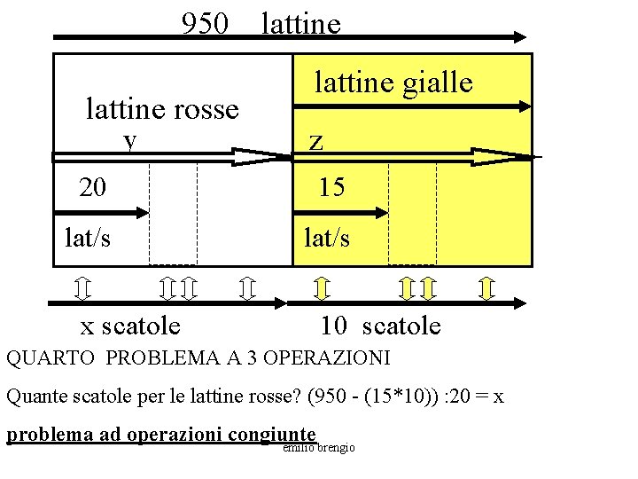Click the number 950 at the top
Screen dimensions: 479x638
[205, 23]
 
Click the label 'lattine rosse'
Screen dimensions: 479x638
[162, 109]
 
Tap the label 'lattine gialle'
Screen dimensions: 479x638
[393, 82]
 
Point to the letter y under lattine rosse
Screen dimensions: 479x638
[131, 140]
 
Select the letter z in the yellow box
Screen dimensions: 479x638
[315, 141]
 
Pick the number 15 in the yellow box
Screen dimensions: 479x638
[332, 187]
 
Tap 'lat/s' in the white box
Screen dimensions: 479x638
[89, 238]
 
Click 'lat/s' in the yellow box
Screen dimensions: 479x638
[326, 238]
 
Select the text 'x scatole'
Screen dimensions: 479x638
[130, 326]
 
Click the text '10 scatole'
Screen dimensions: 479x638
[380, 326]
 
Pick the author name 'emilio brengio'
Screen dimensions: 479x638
[319, 448]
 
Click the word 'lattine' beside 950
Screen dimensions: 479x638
[301, 23]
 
